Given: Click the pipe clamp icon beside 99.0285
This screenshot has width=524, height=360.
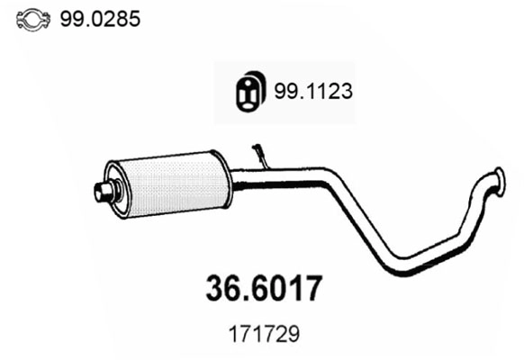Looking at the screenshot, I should [33, 17].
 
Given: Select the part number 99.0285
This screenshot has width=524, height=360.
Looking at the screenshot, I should [100, 17].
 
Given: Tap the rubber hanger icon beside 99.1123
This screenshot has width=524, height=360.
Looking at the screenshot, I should [247, 89].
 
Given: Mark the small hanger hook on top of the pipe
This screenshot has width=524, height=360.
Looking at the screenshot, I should [261, 155].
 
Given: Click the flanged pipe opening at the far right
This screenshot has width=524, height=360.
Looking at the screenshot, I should [497, 175].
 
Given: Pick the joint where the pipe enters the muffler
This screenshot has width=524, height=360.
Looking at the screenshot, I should [233, 179].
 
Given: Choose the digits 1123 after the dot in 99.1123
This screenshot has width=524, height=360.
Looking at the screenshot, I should [325, 89].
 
